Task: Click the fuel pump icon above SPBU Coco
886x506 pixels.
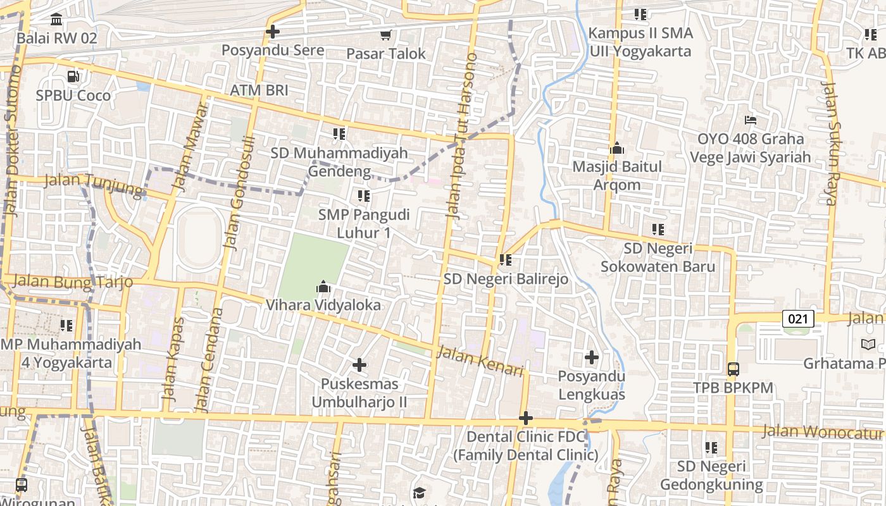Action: [73, 77]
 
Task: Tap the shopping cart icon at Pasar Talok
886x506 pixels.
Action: [385, 35]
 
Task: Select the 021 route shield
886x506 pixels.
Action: [798, 319]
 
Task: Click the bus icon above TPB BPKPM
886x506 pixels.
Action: [733, 369]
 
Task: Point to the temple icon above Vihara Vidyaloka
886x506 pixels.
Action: [323, 287]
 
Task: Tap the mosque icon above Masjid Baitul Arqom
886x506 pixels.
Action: [617, 149]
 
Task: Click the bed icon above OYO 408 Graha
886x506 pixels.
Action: [751, 120]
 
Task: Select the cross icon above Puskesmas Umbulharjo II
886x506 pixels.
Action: [359, 365]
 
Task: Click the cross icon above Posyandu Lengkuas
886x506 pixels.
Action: [592, 358]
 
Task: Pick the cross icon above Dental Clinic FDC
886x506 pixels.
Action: [525, 418]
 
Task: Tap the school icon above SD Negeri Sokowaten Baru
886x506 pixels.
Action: [658, 230]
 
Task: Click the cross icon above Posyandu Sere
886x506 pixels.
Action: [273, 31]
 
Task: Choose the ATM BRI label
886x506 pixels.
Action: [259, 90]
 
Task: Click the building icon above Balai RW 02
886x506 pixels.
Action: [56, 20]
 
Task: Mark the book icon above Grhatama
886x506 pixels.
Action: [868, 345]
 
